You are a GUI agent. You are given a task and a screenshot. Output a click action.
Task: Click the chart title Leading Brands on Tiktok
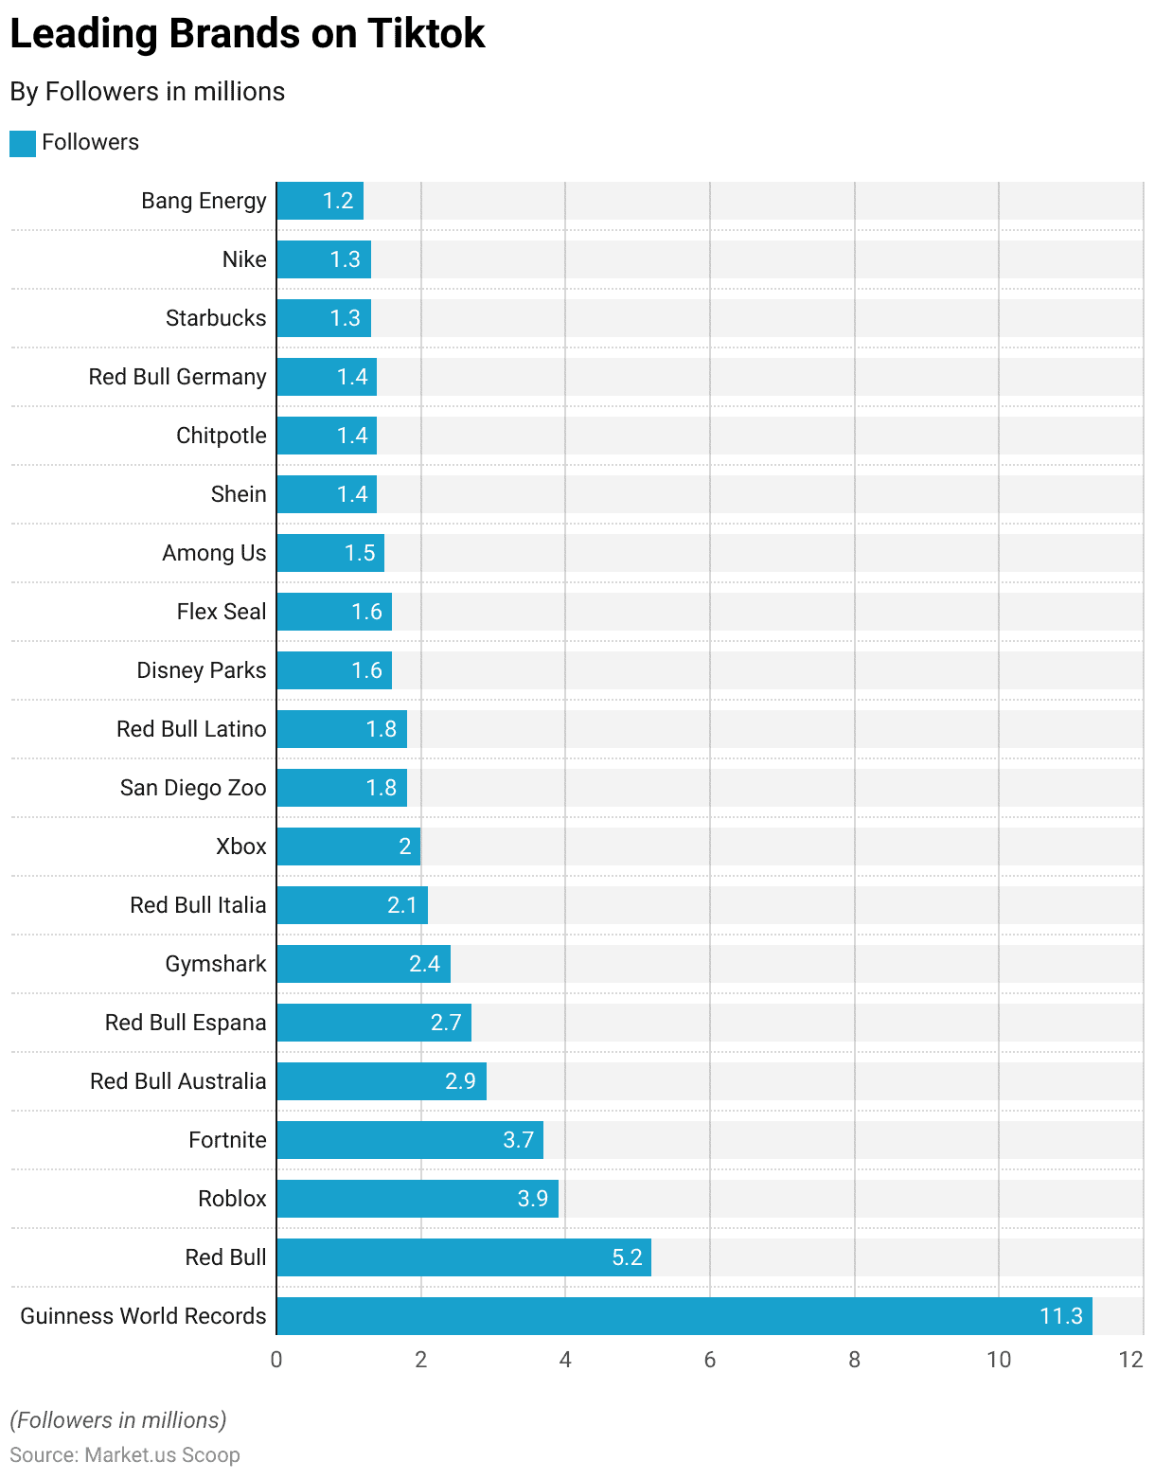tap(247, 34)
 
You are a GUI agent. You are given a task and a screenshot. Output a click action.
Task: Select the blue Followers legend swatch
tap(23, 143)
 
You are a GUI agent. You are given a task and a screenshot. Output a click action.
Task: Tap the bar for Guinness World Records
tap(684, 1316)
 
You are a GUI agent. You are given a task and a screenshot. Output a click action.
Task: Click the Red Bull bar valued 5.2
tap(463, 1257)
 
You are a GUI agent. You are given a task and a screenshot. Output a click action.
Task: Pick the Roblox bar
tap(417, 1199)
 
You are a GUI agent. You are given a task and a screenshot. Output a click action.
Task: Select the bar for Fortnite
tap(409, 1140)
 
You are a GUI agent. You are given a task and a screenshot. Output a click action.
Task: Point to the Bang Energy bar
tap(320, 201)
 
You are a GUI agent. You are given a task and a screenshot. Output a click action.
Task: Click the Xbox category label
tap(241, 846)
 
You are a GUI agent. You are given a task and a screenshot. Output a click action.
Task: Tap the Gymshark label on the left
tap(216, 964)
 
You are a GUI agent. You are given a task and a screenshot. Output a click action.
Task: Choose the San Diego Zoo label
tap(193, 788)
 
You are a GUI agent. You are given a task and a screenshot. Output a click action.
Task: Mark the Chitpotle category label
tap(222, 436)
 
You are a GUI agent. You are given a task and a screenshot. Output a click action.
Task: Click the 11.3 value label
tap(1060, 1316)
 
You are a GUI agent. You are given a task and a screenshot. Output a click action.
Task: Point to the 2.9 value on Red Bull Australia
tap(460, 1081)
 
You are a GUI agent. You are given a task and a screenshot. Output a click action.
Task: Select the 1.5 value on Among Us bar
tap(360, 553)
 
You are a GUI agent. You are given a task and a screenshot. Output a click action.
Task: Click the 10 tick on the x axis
tap(999, 1360)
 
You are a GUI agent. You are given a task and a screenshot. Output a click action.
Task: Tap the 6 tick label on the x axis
tap(710, 1360)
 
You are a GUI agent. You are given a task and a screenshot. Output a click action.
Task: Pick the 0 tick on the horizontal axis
tap(276, 1360)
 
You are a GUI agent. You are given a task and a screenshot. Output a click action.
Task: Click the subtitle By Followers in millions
tap(148, 92)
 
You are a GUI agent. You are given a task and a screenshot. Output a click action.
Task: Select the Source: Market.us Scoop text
tap(125, 1455)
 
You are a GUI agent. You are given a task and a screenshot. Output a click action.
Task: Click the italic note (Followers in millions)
tap(118, 1420)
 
